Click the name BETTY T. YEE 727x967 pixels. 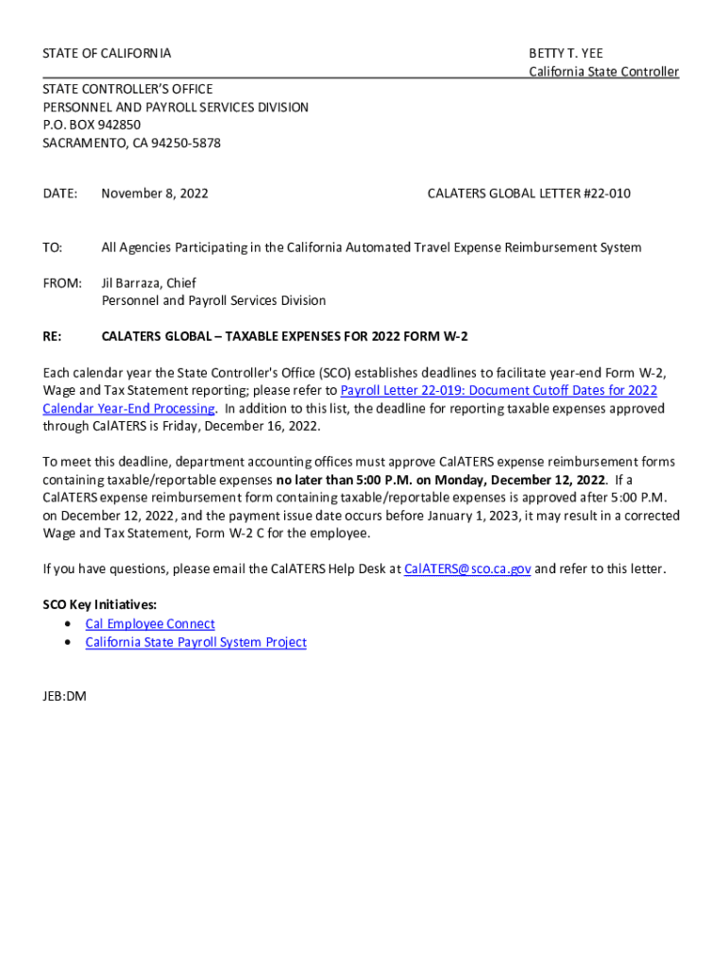(566, 54)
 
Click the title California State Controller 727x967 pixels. (603, 72)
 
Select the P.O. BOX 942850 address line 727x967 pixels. (92, 125)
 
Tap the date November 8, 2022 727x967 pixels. (155, 194)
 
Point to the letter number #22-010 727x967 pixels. (607, 194)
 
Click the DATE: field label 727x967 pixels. (59, 194)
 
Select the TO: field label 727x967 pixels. (53, 247)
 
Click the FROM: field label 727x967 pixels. (62, 282)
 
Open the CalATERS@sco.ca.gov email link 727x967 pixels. (467, 569)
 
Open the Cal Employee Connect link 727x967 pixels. (150, 623)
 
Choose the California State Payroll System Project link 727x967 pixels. (195, 642)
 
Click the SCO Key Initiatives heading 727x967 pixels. (100, 605)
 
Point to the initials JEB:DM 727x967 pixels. (65, 696)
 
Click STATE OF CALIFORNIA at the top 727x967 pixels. (107, 54)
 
